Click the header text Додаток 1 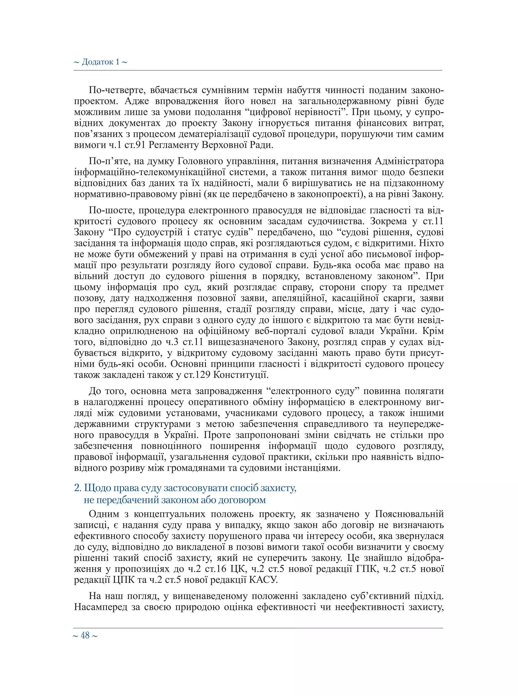[x=100, y=62]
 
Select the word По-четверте [x=117, y=90]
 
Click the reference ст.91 [x=136, y=145]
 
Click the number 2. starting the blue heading [x=78, y=488]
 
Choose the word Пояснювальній [x=409, y=514]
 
